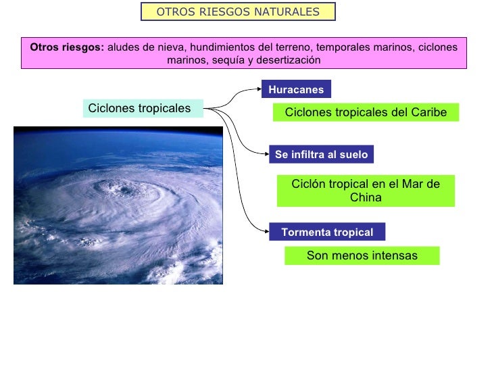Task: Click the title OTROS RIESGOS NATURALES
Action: tap(238, 12)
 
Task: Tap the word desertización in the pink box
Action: tap(292, 60)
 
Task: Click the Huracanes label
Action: tap(296, 89)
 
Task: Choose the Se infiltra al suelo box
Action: tap(321, 155)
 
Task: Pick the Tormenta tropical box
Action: tap(327, 232)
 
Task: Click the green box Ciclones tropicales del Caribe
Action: tap(366, 112)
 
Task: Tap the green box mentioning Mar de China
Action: tap(366, 191)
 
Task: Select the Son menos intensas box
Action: tap(362, 255)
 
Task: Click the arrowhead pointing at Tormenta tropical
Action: tap(266, 231)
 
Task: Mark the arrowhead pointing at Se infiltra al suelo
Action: tap(266, 154)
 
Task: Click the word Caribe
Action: tap(428, 112)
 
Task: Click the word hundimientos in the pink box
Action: tap(223, 47)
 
